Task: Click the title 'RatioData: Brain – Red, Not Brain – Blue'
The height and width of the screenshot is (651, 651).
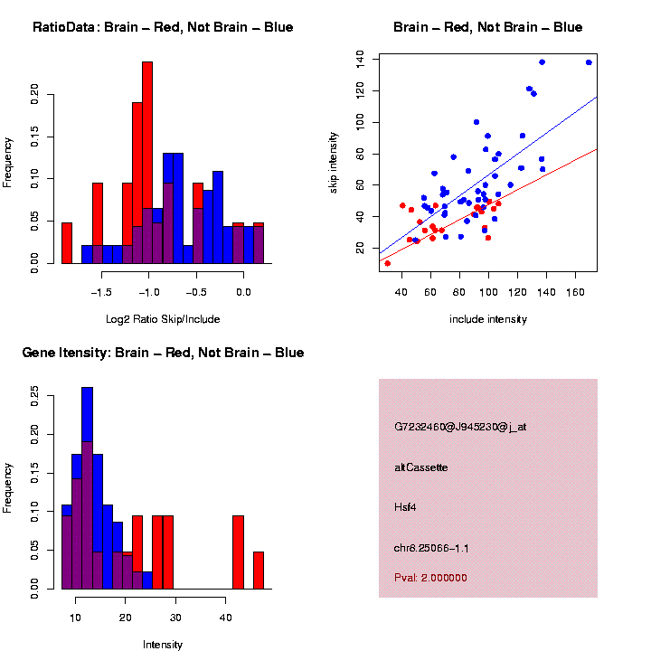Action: pyautogui.click(x=163, y=27)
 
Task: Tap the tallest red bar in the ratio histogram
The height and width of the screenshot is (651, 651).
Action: pyautogui.click(x=147, y=163)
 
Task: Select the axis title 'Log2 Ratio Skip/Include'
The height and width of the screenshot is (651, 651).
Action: pyautogui.click(x=163, y=319)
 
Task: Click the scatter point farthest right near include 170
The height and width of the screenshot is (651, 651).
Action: pyautogui.click(x=589, y=62)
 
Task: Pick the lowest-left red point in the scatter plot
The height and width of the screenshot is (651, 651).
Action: pyautogui.click(x=388, y=263)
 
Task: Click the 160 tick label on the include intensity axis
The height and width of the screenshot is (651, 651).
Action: pyautogui.click(x=576, y=292)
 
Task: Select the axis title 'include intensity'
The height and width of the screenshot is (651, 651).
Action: pyautogui.click(x=488, y=319)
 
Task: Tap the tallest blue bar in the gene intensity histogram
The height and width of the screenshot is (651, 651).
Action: pyautogui.click(x=88, y=488)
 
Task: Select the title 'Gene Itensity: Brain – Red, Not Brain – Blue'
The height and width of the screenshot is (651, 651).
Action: pyautogui.click(x=163, y=353)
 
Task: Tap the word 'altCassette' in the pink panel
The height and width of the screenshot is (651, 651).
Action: pyautogui.click(x=421, y=467)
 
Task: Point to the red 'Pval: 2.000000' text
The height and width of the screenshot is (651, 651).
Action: pyautogui.click(x=430, y=577)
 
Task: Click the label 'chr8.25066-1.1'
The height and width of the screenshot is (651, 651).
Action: pyautogui.click(x=431, y=548)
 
